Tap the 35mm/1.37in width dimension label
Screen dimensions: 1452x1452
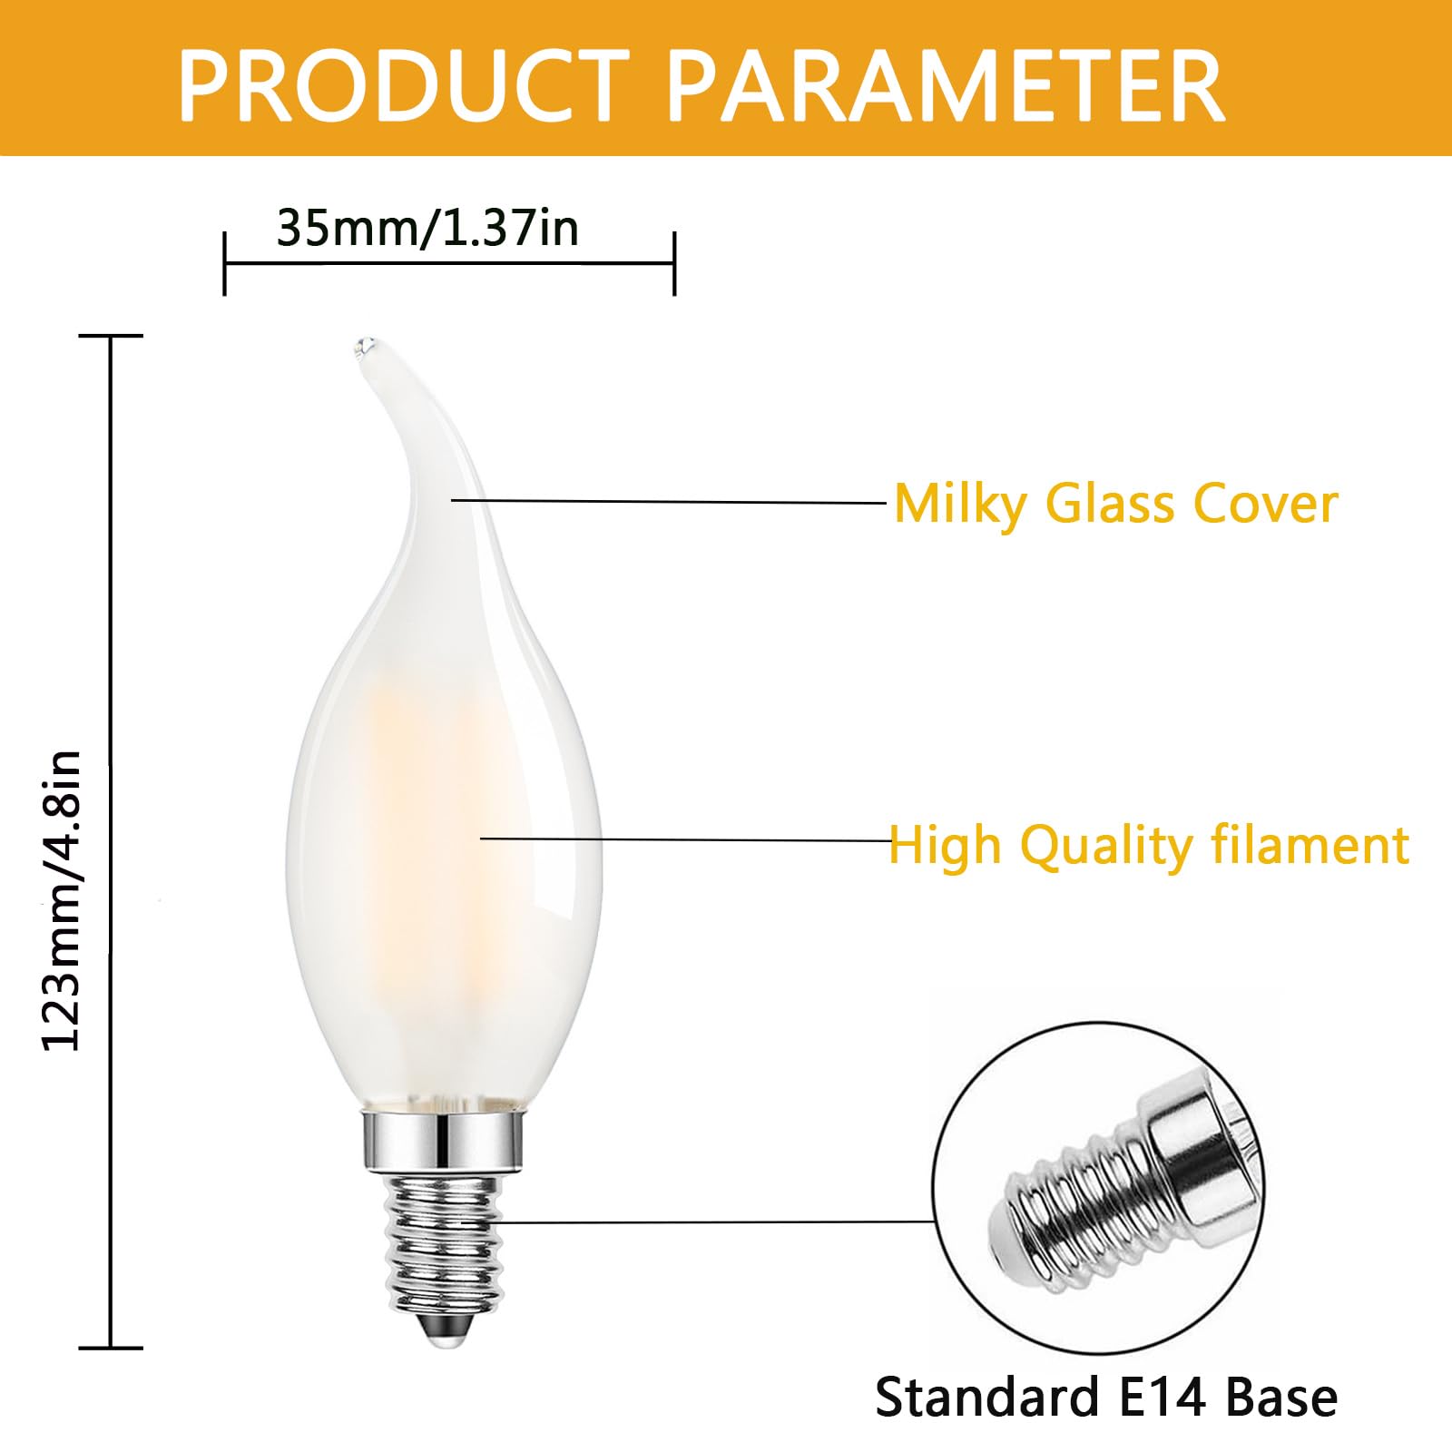[x=427, y=228]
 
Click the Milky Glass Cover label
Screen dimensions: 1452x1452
[x=1116, y=504]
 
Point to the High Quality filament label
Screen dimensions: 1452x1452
[x=1149, y=846]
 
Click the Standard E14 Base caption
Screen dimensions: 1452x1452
[x=1105, y=1396]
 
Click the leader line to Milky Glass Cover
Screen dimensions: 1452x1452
[x=669, y=501]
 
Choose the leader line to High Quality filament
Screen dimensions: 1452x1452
[x=685, y=839]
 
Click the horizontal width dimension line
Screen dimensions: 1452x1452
[x=449, y=263]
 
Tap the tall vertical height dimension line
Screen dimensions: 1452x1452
[x=111, y=842]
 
